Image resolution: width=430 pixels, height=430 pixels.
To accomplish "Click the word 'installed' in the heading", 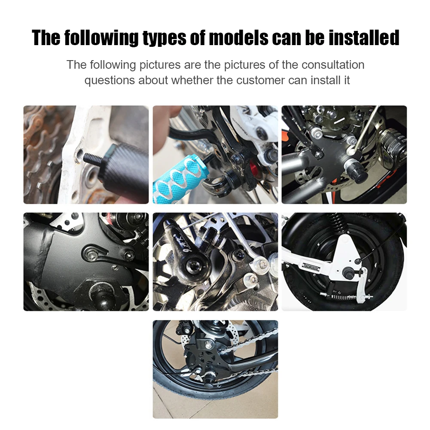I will click(364, 38).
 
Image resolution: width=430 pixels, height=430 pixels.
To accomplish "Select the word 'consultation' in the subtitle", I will click(333, 65).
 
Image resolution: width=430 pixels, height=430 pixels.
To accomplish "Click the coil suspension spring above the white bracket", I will click(339, 229).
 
